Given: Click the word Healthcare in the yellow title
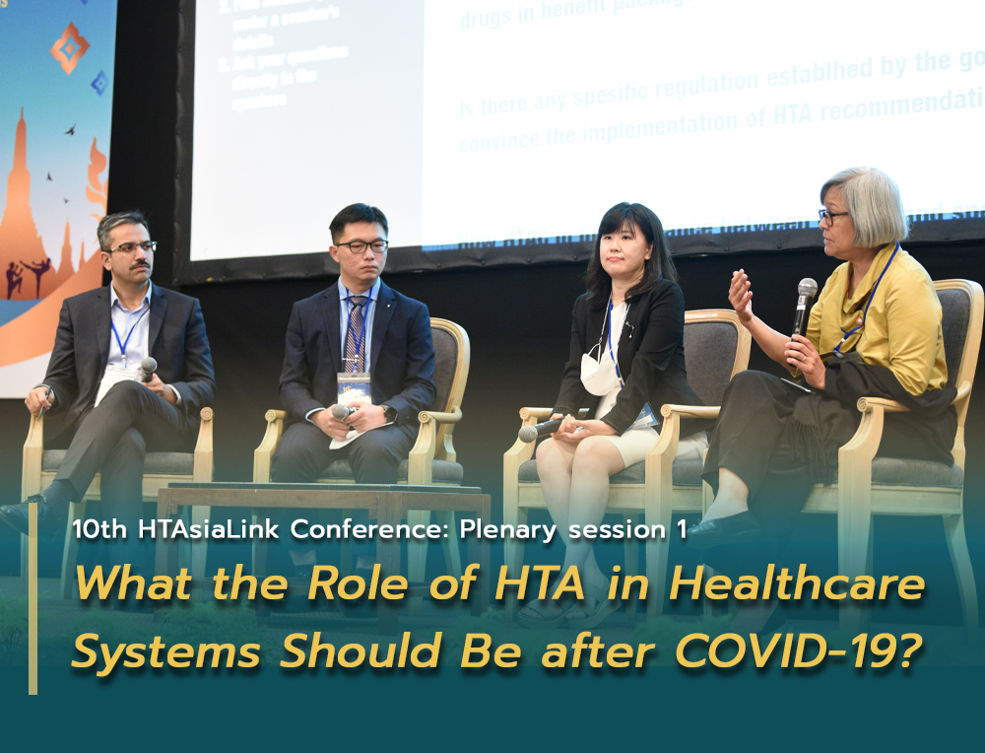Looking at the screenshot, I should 797,584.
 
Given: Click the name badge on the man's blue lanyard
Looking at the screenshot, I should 354,386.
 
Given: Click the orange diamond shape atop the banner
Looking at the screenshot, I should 70,47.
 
